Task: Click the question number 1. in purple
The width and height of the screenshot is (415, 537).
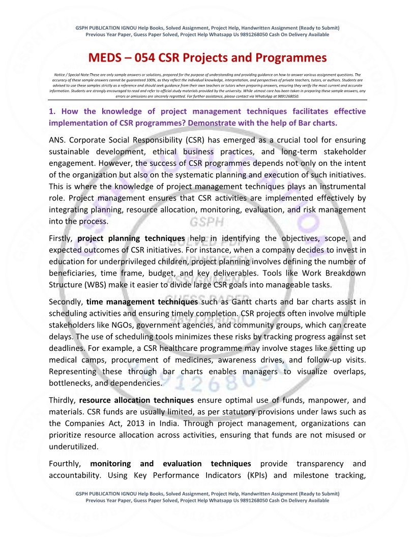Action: [x=52, y=111]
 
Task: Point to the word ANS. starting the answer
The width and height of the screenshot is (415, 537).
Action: [x=58, y=140]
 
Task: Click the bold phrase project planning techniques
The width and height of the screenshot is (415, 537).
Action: [x=131, y=238]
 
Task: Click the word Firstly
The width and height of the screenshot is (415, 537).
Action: [x=62, y=238]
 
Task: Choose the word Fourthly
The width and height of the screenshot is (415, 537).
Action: [x=65, y=463]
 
